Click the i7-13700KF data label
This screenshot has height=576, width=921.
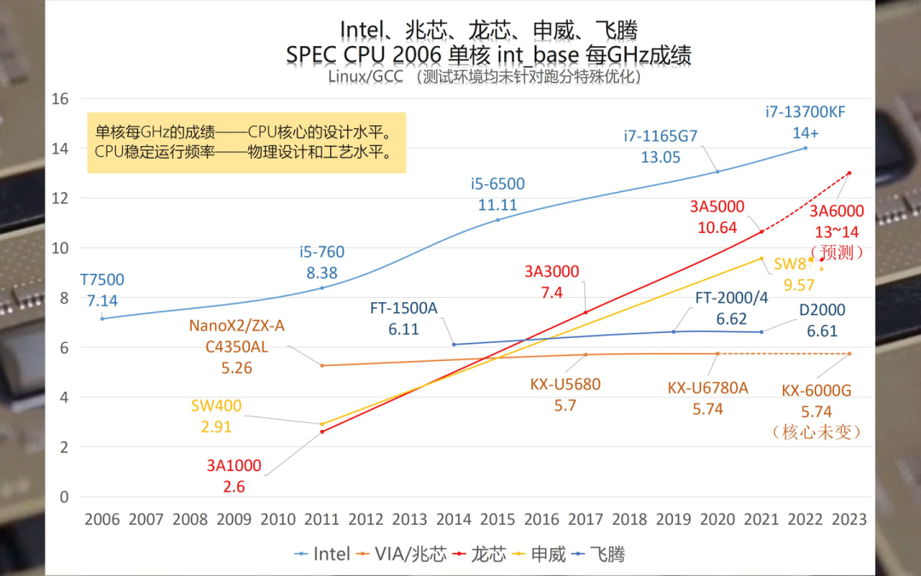click(x=805, y=113)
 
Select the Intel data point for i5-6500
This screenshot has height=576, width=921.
click(x=498, y=219)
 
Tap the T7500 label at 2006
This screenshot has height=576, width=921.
click(x=102, y=280)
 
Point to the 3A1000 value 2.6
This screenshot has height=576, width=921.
click(x=234, y=486)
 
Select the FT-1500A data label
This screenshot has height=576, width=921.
click(x=403, y=308)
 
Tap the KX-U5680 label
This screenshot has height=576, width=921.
click(x=565, y=385)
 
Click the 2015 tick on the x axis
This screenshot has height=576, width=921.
click(x=497, y=519)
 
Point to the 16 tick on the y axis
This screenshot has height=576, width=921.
click(x=60, y=98)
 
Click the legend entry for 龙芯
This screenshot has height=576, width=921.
click(x=484, y=554)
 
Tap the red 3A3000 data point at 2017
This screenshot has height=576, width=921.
click(x=586, y=312)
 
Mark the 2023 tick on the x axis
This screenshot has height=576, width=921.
click(x=849, y=519)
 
